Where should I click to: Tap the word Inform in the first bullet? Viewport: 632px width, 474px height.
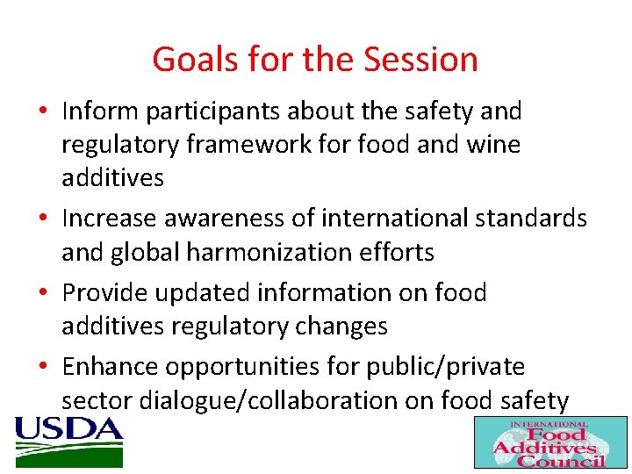point(99,111)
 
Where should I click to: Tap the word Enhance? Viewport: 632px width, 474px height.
point(111,367)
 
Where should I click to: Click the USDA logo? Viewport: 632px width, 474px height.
point(68,442)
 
